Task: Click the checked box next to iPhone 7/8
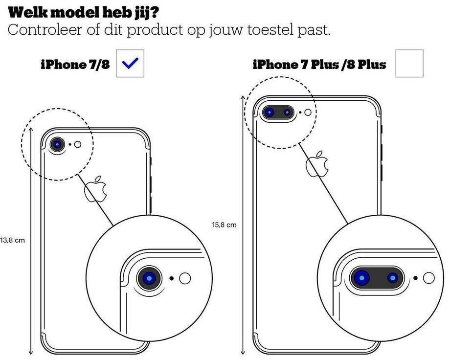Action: (130, 64)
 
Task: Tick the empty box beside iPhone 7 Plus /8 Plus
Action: (409, 64)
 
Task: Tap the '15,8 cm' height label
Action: (225, 225)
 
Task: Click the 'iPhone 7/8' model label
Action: (75, 65)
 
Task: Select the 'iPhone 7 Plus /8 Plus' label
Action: (319, 65)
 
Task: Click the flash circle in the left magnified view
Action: (185, 278)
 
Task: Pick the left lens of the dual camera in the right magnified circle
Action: (362, 278)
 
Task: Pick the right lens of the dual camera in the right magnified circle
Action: (393, 278)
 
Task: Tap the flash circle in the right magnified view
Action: (428, 278)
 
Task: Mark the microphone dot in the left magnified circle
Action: (172, 278)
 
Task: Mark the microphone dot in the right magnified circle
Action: (415, 278)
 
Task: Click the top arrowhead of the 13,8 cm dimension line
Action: (31, 129)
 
